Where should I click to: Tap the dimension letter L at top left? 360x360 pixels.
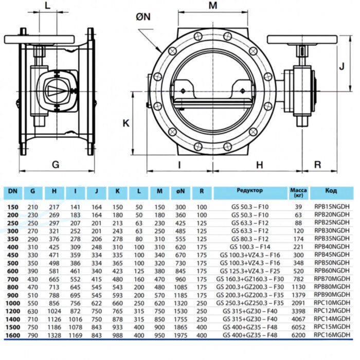[47, 6]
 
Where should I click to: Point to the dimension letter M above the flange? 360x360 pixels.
[213, 6]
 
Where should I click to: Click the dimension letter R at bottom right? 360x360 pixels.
[317, 165]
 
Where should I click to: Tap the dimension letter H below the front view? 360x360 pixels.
[260, 165]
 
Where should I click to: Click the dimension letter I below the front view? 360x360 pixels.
[179, 165]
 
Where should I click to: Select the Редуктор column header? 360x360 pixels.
[249, 191]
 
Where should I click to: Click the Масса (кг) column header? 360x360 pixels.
[298, 193]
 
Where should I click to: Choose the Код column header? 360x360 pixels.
[331, 191]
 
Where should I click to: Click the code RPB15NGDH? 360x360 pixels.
[331, 206]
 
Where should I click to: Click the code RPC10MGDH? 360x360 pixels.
[331, 303]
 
